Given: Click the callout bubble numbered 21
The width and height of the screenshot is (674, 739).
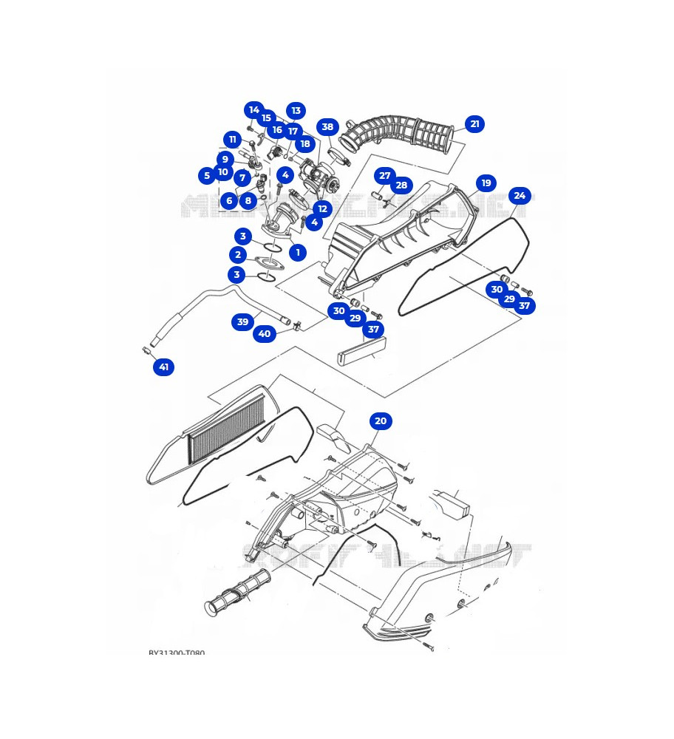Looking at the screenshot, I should [475, 124].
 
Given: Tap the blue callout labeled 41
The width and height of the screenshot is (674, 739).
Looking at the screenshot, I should [163, 367].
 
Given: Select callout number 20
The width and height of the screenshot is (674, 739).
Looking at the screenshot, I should [381, 421].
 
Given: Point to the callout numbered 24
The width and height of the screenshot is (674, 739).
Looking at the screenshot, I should [520, 196].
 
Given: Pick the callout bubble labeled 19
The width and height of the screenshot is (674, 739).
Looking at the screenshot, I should [486, 183].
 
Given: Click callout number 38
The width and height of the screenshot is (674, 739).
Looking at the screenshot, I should [327, 127].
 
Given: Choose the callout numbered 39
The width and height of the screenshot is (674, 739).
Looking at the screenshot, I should [243, 321].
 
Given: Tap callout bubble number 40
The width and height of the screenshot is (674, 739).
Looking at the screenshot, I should [265, 334].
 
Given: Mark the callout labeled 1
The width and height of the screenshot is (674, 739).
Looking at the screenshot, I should [297, 253].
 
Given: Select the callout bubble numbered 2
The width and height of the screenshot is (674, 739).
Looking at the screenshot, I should [237, 255].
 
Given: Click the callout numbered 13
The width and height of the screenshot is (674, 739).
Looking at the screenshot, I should [296, 111].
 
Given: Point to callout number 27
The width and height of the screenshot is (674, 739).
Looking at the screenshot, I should [384, 176].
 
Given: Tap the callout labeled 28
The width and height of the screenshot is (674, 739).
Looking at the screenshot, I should [401, 185].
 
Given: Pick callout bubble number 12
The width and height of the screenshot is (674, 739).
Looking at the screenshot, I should [322, 209].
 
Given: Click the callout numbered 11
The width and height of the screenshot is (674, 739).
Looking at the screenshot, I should [233, 140].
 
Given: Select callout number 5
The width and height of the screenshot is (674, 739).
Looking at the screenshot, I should [207, 175].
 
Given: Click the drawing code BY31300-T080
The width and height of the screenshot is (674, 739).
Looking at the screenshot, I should [177, 653].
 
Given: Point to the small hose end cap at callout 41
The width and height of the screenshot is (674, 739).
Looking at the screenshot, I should [146, 350].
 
